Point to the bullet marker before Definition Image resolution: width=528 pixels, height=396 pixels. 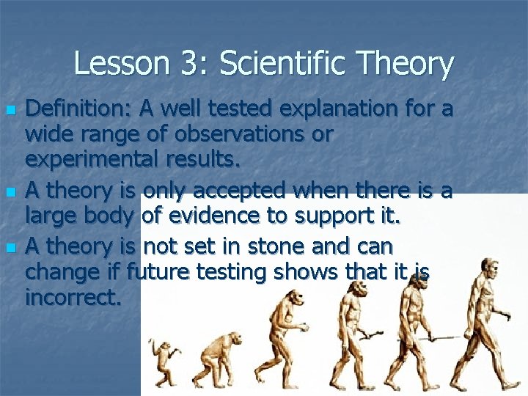pos(10,111)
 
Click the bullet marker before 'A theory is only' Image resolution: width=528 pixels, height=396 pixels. pos(10,193)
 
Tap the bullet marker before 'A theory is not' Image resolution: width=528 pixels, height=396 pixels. pos(10,248)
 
